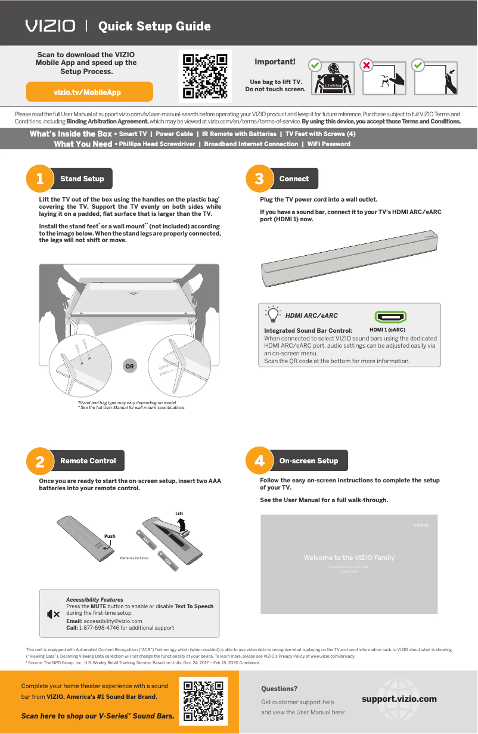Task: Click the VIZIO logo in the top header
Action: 50,26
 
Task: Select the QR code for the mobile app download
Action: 205,76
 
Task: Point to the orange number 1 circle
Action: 39,179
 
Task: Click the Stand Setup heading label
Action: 82,179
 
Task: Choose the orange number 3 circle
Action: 259,179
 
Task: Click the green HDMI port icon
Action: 390,317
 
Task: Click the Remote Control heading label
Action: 88,461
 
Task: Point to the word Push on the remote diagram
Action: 110,536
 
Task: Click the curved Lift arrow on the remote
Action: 184,524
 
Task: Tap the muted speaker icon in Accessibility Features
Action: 52,614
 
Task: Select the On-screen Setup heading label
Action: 308,461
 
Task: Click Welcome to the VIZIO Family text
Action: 349,558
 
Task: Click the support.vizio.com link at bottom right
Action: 399,699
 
